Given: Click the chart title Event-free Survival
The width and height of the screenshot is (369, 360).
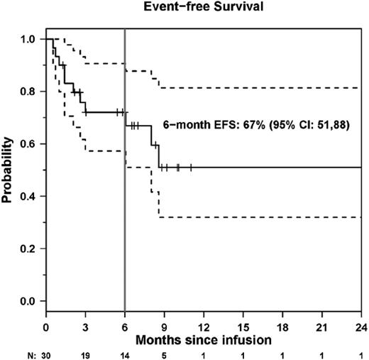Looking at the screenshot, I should point(203,9).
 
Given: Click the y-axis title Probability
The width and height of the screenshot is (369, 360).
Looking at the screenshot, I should point(9,170).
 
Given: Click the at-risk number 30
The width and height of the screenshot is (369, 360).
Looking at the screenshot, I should point(45,352).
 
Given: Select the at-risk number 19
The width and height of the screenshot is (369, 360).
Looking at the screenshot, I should point(85,352).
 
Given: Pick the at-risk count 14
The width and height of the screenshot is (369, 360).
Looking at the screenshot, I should point(125,352).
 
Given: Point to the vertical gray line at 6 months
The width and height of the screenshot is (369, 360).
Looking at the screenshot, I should point(125,213).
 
